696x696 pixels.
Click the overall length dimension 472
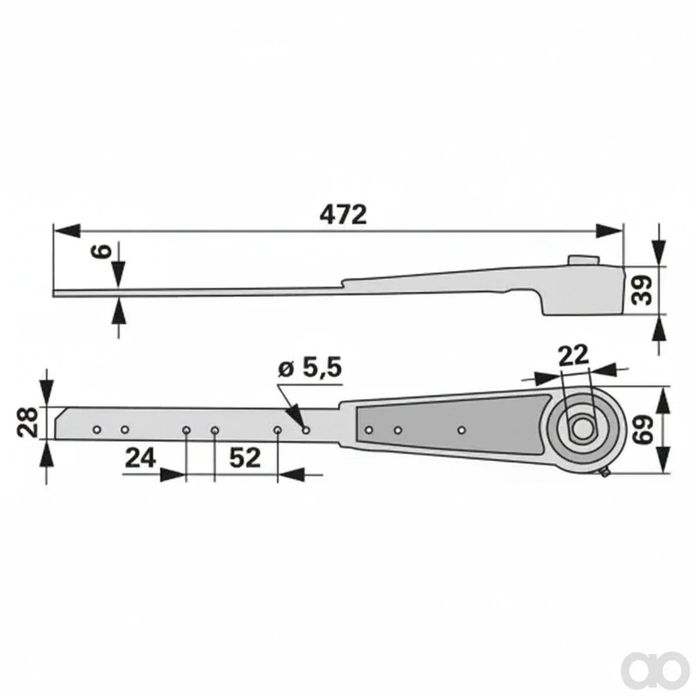343,215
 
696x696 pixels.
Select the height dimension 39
643,291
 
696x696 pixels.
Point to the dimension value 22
573,356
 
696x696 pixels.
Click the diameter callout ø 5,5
310,369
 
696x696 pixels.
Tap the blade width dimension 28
27,422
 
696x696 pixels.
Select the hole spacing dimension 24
140,458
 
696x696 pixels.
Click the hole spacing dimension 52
245,458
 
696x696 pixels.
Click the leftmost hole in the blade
97,430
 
